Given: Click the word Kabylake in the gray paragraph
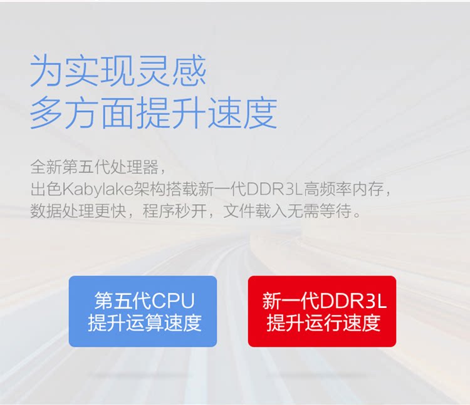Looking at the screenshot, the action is tap(98, 189).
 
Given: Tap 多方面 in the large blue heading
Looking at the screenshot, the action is tap(83, 113).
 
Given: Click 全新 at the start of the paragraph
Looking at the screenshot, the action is tap(46, 167).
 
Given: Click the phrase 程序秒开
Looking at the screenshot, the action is tap(175, 211).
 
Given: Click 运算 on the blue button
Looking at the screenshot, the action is tap(145, 322).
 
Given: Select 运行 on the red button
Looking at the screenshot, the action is tap(323, 322).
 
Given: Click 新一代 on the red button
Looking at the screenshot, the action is tap(291, 300).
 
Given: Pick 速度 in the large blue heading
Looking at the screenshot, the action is tap(243, 113).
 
